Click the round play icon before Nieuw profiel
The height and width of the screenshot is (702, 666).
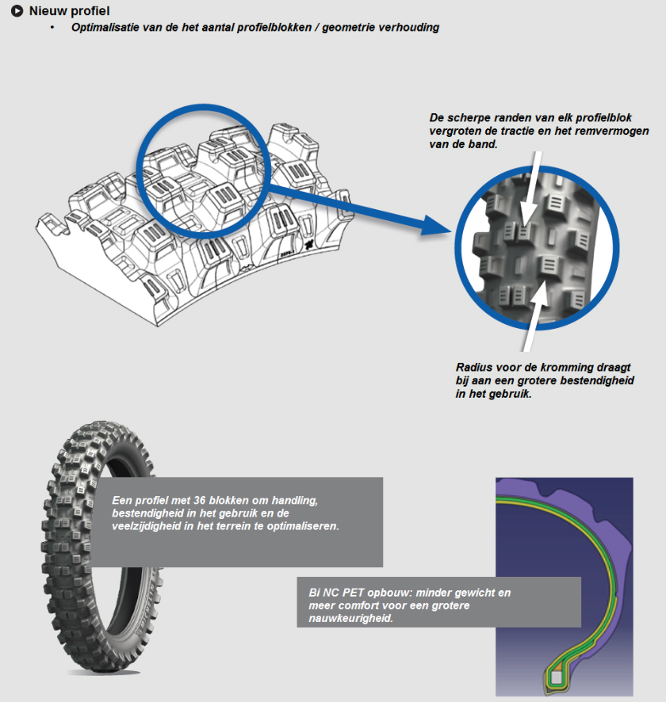pyautogui.click(x=17, y=11)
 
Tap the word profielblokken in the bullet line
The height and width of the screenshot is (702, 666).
pyautogui.click(x=266, y=28)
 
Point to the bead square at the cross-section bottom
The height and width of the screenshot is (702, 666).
pyautogui.click(x=557, y=677)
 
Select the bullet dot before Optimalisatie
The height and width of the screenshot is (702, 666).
pyautogui.click(x=53, y=28)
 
